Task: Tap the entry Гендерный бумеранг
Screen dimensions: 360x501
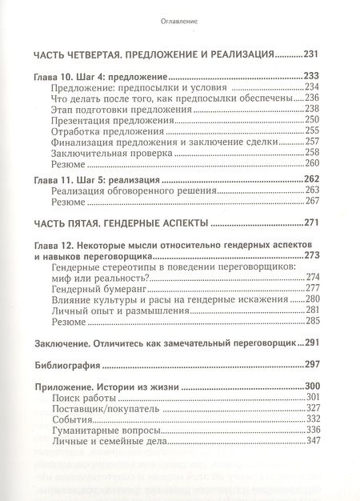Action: click(x=100, y=288)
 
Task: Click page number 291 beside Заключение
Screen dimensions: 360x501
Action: click(x=311, y=343)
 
